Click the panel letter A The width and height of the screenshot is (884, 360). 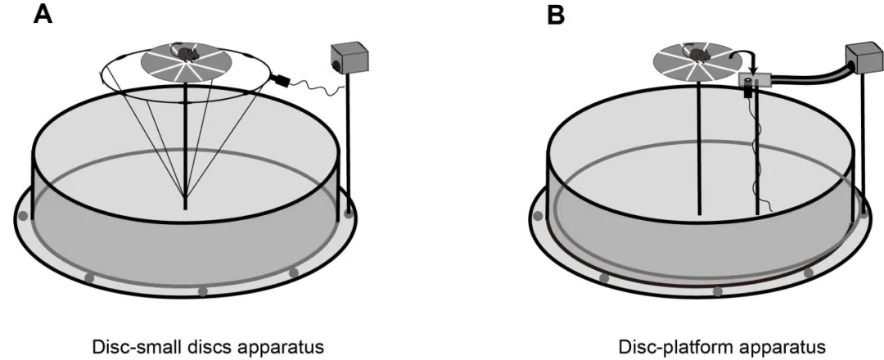[x=42, y=16]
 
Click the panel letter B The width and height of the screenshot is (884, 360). [x=557, y=16]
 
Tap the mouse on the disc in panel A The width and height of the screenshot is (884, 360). [x=187, y=54]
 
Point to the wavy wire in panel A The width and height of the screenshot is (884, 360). [x=315, y=84]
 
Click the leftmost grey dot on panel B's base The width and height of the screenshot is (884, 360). [x=538, y=217]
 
